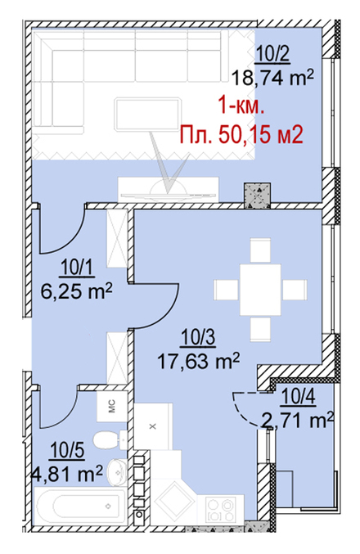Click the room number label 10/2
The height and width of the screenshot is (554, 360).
272,55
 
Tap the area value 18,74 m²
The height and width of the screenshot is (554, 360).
272,78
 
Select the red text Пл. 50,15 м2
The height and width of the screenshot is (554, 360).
241,134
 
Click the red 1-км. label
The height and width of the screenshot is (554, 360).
241,106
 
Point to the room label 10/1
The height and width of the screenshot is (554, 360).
78,268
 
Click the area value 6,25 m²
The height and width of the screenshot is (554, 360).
77,291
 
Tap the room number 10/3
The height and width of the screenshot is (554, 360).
198,337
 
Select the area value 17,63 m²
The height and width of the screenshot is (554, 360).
198,361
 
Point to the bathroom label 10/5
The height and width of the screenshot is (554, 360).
67,451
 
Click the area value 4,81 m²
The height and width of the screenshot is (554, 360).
67,474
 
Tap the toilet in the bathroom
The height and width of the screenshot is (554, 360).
110,440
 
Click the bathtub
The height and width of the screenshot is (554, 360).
80,506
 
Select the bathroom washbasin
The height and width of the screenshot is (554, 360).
117,471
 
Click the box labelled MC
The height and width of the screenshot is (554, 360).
112,406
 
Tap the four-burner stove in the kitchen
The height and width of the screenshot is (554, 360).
222,509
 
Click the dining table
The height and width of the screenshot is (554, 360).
260,290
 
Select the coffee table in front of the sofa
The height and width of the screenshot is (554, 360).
147,115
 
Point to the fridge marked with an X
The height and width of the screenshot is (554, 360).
153,426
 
